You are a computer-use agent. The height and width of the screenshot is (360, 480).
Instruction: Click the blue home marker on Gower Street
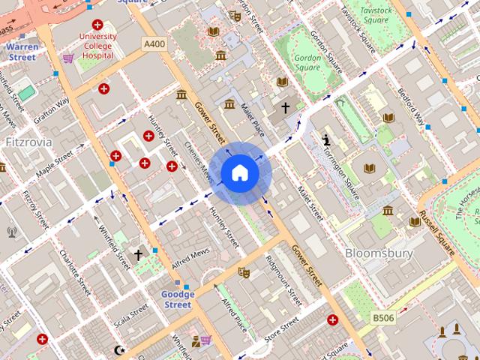tap(240, 173)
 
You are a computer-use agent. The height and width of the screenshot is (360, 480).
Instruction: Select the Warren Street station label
tap(21, 51)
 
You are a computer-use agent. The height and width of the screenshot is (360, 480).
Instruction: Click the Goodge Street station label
tap(178, 299)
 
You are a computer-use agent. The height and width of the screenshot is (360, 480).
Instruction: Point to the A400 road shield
tap(154, 45)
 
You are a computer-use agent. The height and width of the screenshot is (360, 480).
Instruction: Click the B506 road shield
tap(385, 319)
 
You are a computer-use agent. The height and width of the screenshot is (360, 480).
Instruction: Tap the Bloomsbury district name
tap(379, 253)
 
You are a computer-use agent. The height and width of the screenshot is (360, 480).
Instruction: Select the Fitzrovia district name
tap(28, 140)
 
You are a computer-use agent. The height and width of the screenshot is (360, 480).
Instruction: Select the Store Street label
tap(281, 326)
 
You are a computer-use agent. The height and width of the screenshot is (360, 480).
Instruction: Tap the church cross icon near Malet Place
tap(285, 109)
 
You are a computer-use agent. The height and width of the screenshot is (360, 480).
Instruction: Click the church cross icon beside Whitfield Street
tap(138, 255)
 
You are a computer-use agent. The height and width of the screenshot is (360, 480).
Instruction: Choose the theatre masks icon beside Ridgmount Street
tap(243, 271)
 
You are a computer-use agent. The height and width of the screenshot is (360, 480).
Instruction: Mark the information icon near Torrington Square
tap(327, 139)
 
